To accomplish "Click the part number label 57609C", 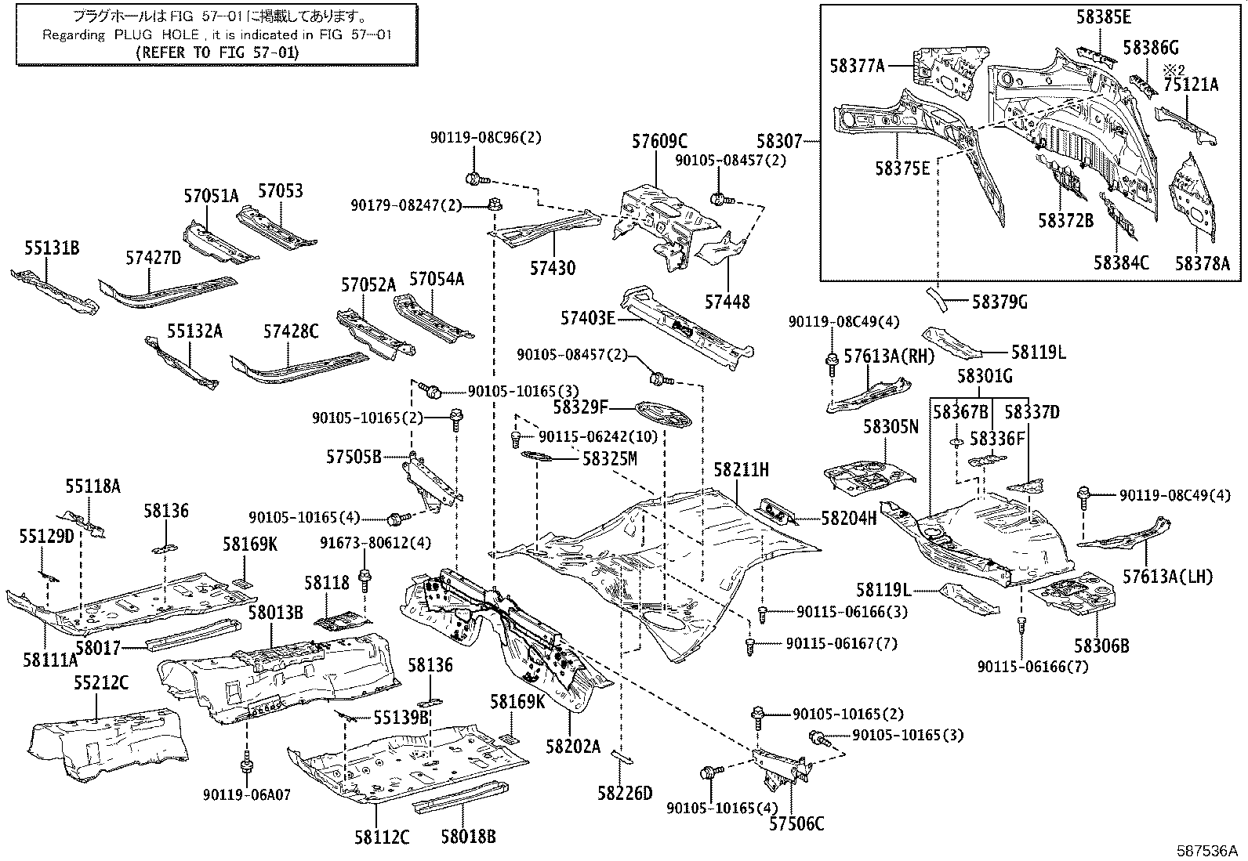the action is [x=659, y=142].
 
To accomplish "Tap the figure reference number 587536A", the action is [x=1206, y=850].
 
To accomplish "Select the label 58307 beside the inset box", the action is [x=779, y=142].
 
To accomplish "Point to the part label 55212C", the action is [x=101, y=682].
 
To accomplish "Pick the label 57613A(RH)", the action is [x=889, y=356].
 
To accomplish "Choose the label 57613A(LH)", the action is [x=1167, y=577].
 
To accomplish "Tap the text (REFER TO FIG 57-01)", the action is [x=217, y=52].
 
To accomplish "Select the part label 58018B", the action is [x=468, y=837].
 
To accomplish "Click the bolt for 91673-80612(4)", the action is [x=365, y=580].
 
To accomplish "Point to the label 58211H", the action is [x=741, y=470].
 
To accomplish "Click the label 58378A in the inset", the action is [x=1203, y=263].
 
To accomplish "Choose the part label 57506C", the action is [x=796, y=823].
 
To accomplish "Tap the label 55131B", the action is [x=51, y=248].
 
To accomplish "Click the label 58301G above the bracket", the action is [x=985, y=377].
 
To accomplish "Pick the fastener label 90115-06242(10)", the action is [x=598, y=436].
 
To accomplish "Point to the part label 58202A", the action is [x=573, y=746].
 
